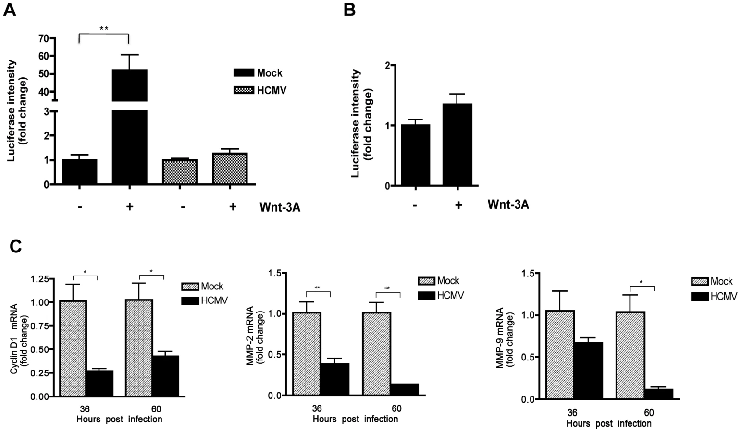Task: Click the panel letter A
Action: click(x=9, y=10)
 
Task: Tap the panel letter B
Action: click(x=350, y=10)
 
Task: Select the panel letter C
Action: click(x=15, y=246)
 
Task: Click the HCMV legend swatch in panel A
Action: click(x=244, y=90)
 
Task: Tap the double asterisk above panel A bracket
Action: click(x=104, y=29)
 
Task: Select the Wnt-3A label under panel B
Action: click(x=508, y=204)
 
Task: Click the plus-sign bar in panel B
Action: click(x=457, y=144)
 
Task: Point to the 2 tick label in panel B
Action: click(x=387, y=65)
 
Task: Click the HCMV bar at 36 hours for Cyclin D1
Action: click(x=99, y=383)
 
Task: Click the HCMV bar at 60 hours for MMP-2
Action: click(x=405, y=389)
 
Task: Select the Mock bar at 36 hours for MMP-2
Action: click(x=307, y=353)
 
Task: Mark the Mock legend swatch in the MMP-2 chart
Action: click(x=426, y=281)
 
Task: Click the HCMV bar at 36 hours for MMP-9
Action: click(x=589, y=371)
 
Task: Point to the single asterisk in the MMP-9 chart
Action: click(x=641, y=282)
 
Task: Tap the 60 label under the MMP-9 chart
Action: click(x=649, y=412)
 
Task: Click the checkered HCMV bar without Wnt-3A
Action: click(x=180, y=171)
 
